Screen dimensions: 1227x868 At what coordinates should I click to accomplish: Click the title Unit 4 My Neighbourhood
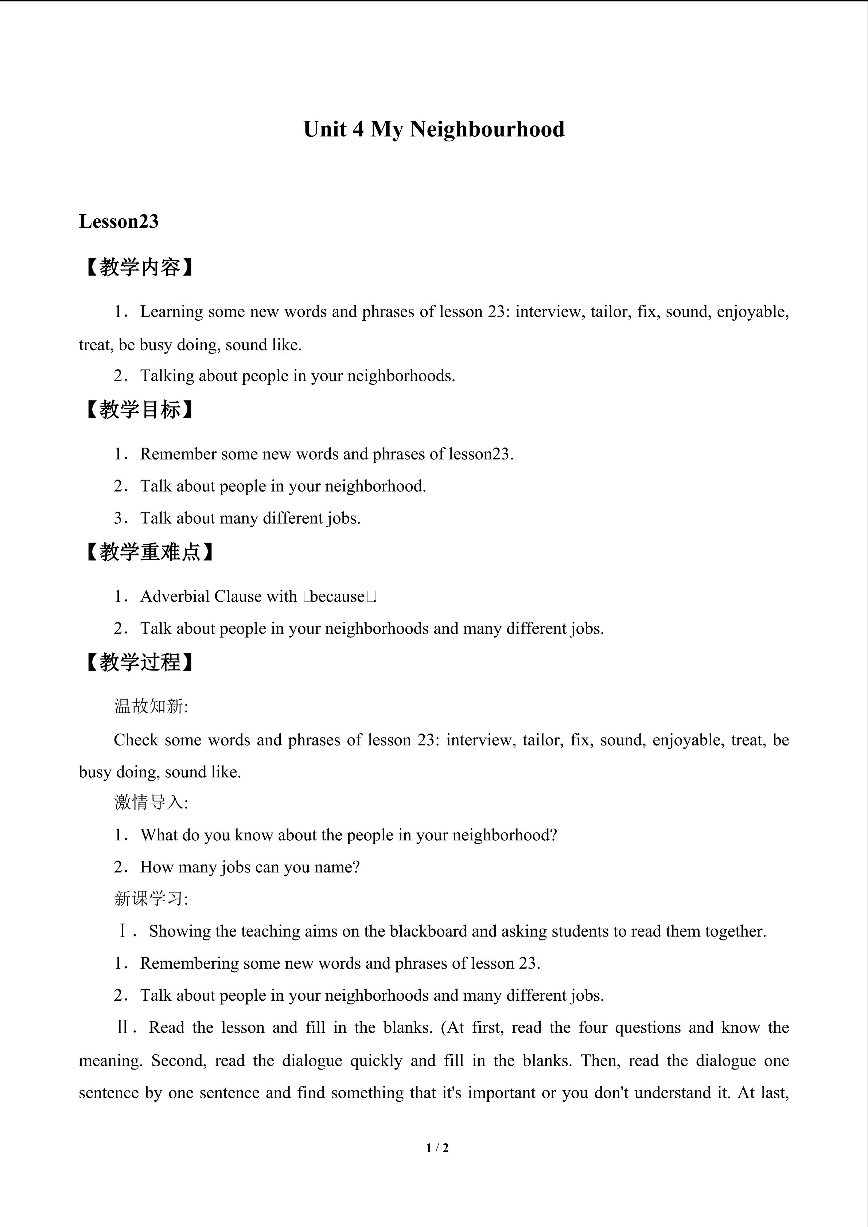(x=433, y=130)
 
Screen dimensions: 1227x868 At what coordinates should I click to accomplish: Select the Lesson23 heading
(x=118, y=221)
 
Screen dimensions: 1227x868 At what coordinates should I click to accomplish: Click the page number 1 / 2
(x=437, y=1147)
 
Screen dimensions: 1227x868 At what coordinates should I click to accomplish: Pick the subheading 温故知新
(x=151, y=707)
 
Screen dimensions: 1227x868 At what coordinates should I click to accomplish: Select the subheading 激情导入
(x=151, y=803)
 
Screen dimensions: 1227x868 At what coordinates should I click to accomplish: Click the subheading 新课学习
(x=151, y=899)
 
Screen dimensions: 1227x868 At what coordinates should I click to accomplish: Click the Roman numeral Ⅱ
(x=122, y=1027)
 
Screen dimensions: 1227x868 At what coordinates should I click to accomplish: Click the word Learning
(x=172, y=312)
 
